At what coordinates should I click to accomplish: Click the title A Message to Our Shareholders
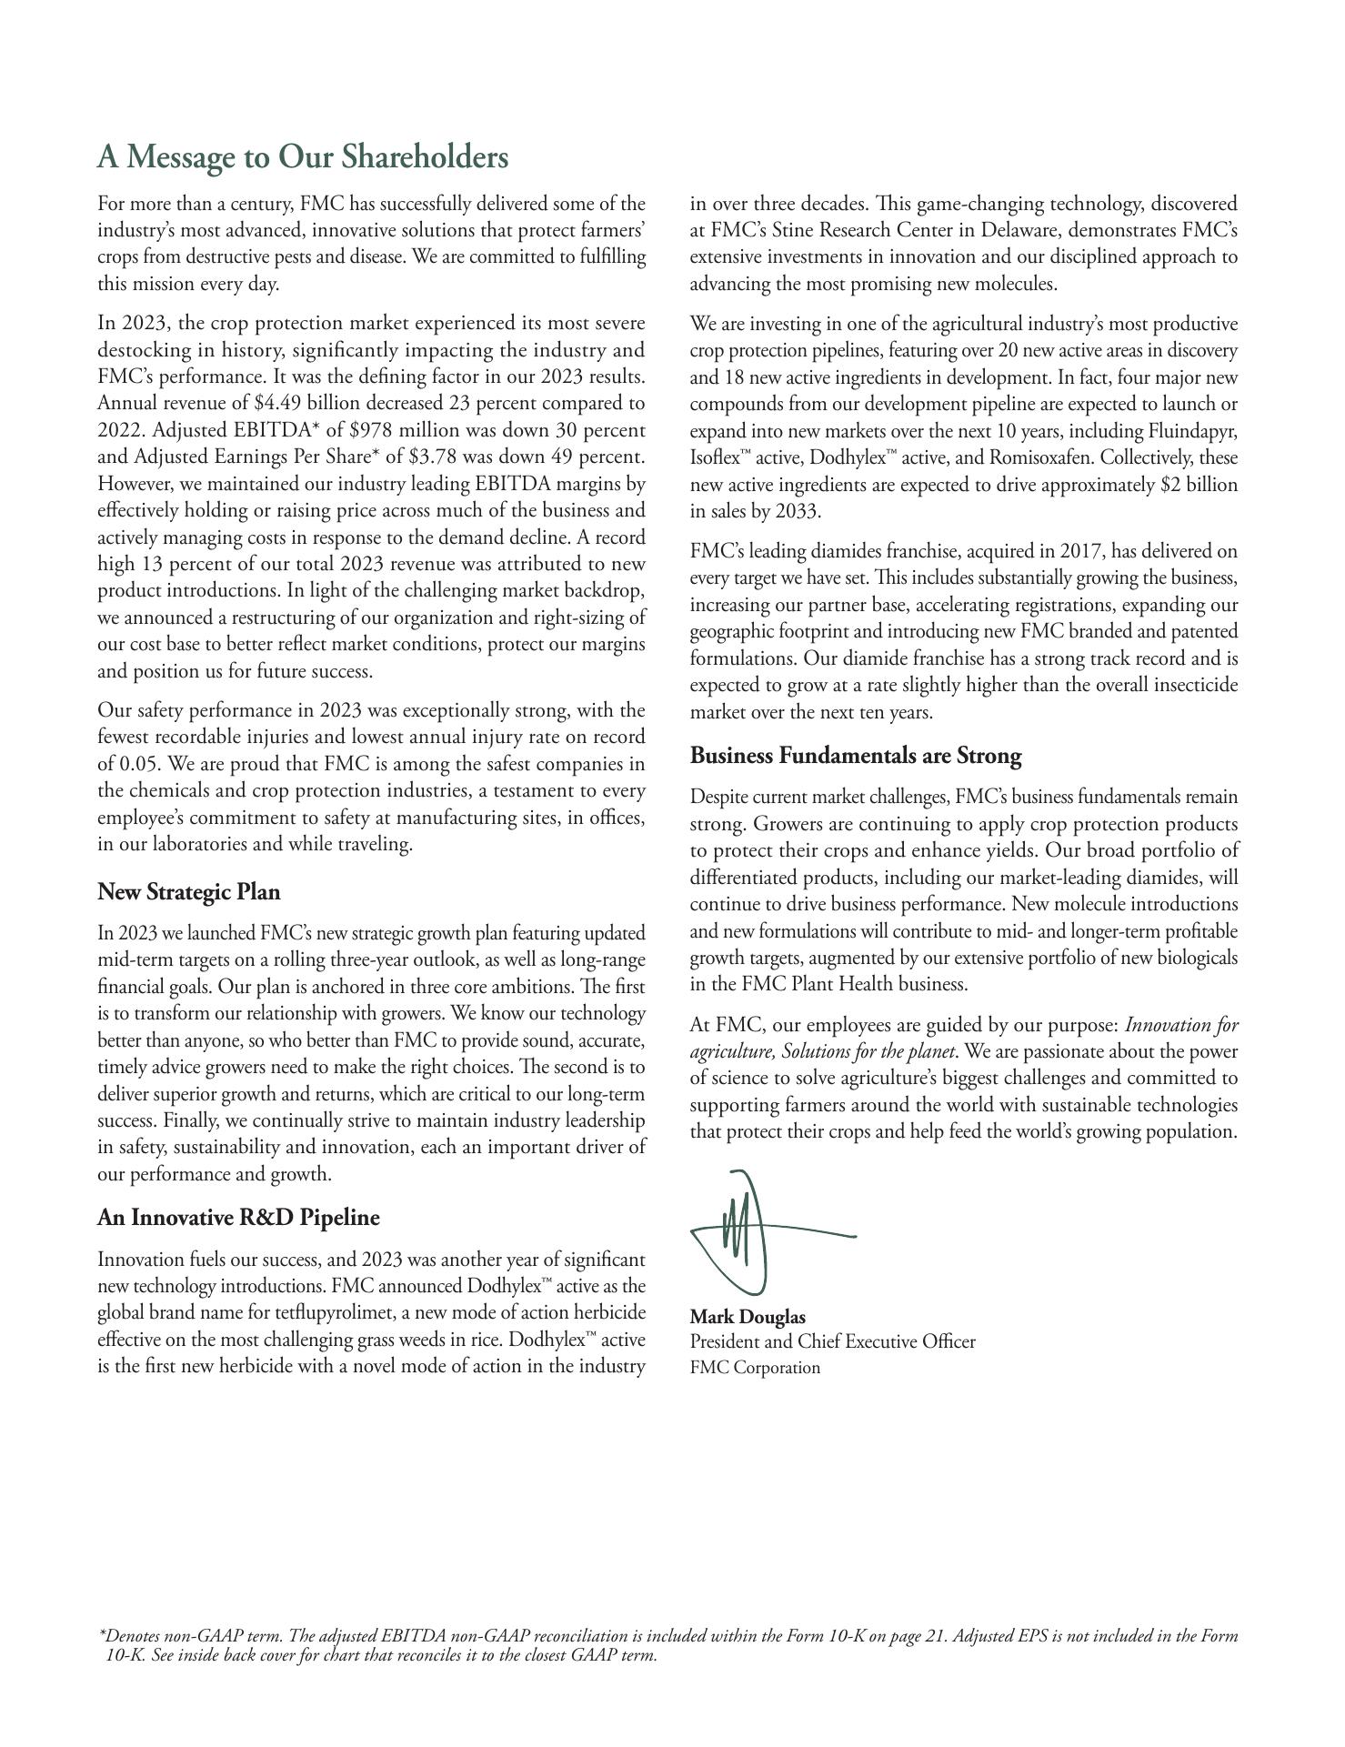click(x=302, y=157)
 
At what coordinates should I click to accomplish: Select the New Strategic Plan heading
click(x=188, y=891)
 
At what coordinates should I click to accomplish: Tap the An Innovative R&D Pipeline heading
click(x=238, y=1218)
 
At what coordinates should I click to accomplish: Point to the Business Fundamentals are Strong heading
click(x=855, y=756)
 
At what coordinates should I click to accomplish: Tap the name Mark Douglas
click(x=747, y=1317)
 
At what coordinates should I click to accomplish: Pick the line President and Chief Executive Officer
click(x=832, y=1341)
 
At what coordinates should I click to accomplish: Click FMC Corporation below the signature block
click(x=754, y=1367)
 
